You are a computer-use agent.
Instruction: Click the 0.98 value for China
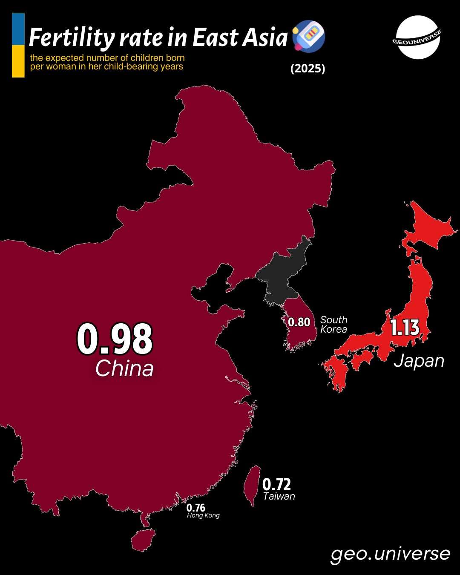pyautogui.click(x=115, y=339)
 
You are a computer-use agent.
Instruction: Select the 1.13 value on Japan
pyautogui.click(x=405, y=328)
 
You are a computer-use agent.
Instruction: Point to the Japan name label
pyautogui.click(x=419, y=361)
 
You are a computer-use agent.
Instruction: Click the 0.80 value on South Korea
pyautogui.click(x=299, y=322)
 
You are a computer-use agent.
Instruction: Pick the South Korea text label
pyautogui.click(x=333, y=325)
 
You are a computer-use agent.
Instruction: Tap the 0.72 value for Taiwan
pyautogui.click(x=276, y=484)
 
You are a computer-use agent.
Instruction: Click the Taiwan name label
pyautogui.click(x=279, y=496)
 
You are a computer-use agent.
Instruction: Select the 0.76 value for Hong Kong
pyautogui.click(x=195, y=508)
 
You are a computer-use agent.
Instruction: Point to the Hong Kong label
pyautogui.click(x=203, y=515)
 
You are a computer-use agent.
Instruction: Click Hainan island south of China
pyautogui.click(x=143, y=540)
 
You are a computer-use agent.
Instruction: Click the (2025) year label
pyautogui.click(x=308, y=69)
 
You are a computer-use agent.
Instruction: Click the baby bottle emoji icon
pyautogui.click(x=309, y=36)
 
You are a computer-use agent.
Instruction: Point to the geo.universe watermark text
pyautogui.click(x=390, y=554)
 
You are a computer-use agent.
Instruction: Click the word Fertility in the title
pyautogui.click(x=72, y=37)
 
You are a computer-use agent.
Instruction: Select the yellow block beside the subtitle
pyautogui.click(x=18, y=61)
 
